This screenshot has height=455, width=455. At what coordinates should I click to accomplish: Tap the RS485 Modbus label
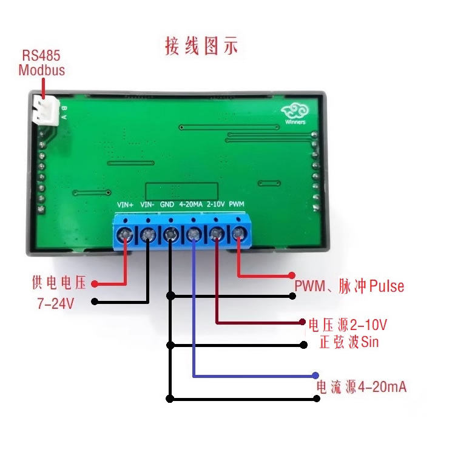tap(41, 62)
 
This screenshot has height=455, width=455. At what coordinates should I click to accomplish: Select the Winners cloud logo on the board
tap(295, 112)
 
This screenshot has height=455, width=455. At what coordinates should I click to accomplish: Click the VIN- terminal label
tap(147, 204)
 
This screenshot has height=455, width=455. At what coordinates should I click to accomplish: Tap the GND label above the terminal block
tap(167, 204)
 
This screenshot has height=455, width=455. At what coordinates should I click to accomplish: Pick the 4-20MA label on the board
tap(190, 204)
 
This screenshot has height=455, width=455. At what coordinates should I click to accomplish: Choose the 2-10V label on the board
tap(215, 204)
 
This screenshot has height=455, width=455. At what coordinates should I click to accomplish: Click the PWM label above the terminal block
tap(237, 204)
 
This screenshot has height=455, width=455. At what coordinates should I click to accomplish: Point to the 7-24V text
tap(55, 303)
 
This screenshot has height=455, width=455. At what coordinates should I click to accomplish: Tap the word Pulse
tap(386, 286)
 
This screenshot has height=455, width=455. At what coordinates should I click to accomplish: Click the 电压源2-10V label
tap(348, 322)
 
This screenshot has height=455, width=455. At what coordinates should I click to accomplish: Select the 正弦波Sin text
tap(349, 342)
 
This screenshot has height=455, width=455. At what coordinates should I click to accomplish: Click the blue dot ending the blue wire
tap(316, 376)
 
